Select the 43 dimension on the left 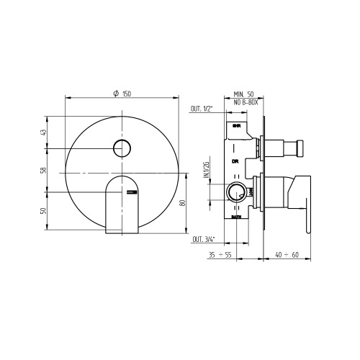43,132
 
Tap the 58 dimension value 43,171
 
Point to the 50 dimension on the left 43,212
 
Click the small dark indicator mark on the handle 130,192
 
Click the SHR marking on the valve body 237,126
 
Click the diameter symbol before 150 116,92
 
